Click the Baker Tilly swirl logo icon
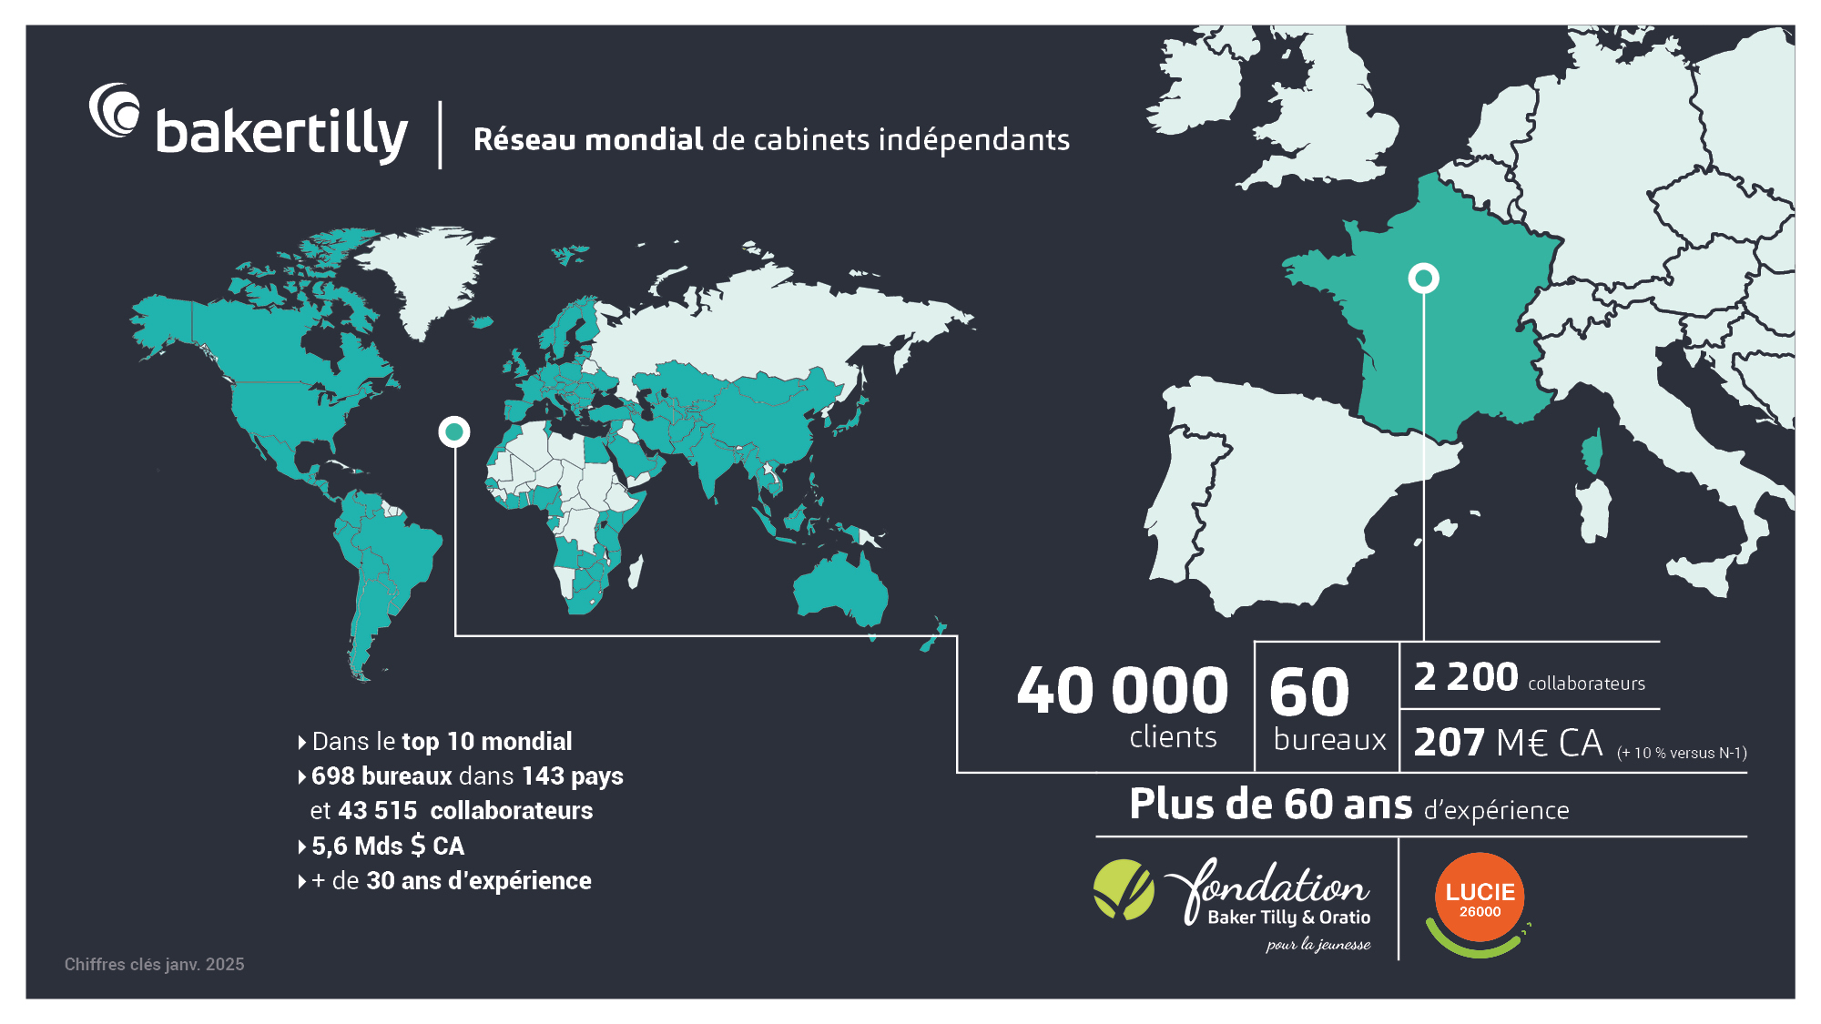[x=115, y=111]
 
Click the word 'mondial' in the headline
[x=644, y=139]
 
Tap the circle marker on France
[x=1423, y=278]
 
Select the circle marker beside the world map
[x=453, y=431]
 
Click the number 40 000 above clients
[x=1122, y=691]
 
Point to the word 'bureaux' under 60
[x=1329, y=739]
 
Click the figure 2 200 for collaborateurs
[x=1465, y=677]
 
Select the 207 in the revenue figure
[x=1450, y=743]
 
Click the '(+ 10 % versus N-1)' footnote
[x=1681, y=753]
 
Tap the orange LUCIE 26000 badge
[x=1480, y=897]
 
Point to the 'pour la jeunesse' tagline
[x=1317, y=945]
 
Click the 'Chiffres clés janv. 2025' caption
[x=154, y=964]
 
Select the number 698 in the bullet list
[x=332, y=776]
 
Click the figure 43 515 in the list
[x=377, y=811]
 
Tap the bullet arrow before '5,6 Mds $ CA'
[x=301, y=847]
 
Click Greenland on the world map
[x=423, y=278]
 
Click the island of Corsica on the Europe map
[x=1592, y=453]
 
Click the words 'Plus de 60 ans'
[x=1270, y=805]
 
